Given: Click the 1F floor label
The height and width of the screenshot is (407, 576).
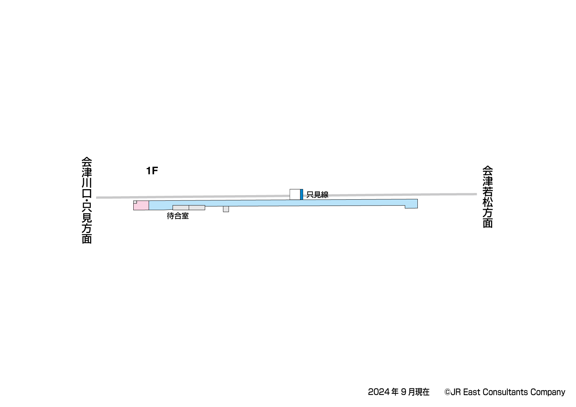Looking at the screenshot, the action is coord(152,171).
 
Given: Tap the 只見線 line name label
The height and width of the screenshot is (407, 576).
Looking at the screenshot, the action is coord(317,195).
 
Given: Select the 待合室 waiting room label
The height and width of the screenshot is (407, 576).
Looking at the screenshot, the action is coord(178,216).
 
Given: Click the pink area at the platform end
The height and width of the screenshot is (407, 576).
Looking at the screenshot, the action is coord(141,205).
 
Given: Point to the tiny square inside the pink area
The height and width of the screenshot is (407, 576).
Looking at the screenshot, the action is coord(135,202).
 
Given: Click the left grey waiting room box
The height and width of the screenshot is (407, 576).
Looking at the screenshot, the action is coord(181,208).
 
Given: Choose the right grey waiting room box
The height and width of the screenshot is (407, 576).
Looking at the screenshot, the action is coord(197,208).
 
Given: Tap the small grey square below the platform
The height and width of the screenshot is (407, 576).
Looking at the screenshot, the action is coord(226,209).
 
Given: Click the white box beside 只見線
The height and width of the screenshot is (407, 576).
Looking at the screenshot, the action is coord(295,194).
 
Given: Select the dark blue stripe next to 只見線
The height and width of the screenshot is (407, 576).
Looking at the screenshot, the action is coord(302,194).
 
